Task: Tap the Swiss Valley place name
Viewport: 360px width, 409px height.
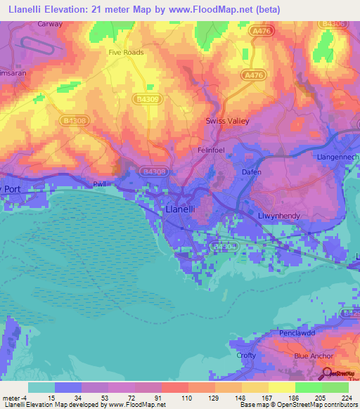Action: coord(227,121)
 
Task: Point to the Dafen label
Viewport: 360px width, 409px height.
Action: coord(252,172)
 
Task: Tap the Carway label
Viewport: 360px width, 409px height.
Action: coord(50,23)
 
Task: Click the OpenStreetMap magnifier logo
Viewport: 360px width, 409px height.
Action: coord(327,375)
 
